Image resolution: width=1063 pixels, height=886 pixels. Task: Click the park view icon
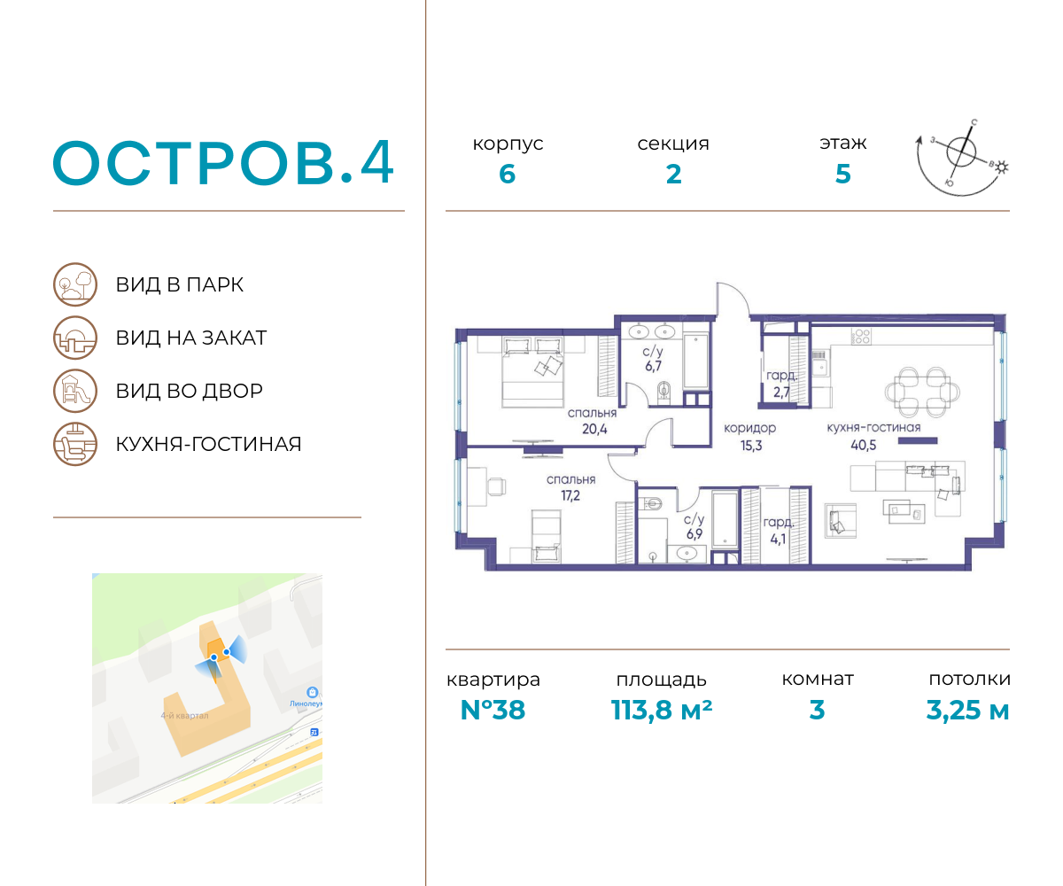[75, 284]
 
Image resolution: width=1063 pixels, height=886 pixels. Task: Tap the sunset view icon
[75, 338]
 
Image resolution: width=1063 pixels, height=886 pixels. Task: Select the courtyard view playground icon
[75, 391]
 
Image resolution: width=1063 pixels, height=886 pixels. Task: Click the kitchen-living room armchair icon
[75, 444]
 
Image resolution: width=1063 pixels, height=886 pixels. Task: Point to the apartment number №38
[493, 710]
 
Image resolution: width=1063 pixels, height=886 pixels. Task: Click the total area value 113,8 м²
[662, 710]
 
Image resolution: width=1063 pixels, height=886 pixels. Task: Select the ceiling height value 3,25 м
[967, 710]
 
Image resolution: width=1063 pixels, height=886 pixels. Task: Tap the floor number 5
[843, 175]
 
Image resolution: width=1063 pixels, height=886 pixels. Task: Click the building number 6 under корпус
[507, 175]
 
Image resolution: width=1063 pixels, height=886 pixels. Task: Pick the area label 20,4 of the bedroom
[594, 429]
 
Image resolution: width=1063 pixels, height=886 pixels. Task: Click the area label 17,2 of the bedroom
[570, 495]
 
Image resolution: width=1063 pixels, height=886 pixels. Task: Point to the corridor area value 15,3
[751, 446]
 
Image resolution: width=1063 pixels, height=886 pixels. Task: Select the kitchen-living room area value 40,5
[864, 445]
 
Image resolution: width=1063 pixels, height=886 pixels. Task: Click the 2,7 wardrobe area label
[781, 392]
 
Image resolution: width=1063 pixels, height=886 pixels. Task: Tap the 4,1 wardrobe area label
[778, 539]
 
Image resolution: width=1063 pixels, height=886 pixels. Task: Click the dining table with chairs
[922, 392]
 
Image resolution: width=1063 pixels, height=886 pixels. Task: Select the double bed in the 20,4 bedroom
[532, 372]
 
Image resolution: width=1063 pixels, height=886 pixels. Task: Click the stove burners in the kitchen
[860, 336]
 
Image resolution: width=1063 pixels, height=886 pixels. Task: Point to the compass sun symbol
[1001, 167]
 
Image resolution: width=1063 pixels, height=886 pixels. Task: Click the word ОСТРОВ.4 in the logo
[223, 163]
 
